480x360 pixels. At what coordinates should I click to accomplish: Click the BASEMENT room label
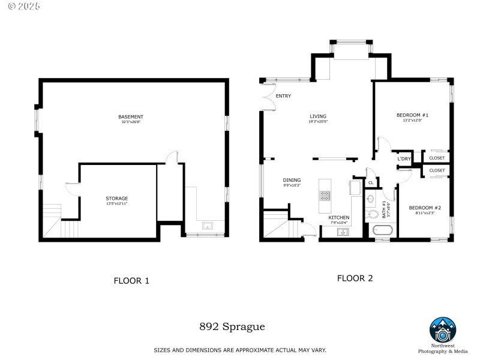coord(130,116)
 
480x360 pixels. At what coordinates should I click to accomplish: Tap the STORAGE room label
coord(117,198)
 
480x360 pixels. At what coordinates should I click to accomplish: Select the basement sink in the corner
coord(208,226)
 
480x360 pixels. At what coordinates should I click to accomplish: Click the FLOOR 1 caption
coord(131,280)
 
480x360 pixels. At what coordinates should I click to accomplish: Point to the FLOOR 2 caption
coord(355,278)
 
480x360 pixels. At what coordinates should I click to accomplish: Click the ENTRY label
coord(283,96)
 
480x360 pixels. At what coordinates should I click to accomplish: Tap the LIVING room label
coord(318,116)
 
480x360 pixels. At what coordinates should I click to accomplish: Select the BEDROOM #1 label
coord(412,115)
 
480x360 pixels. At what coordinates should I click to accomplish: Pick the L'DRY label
coord(404,158)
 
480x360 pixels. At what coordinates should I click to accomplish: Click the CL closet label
coord(371,182)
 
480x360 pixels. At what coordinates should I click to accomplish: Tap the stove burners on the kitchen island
coord(325,196)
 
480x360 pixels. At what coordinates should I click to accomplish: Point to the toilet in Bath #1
coord(370,200)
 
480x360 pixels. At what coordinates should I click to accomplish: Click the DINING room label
coord(292,180)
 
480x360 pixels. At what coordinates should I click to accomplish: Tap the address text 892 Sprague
coord(232,327)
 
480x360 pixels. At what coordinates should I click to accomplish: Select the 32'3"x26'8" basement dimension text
coord(130,122)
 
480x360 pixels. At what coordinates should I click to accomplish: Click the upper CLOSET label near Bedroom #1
coord(437,158)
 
